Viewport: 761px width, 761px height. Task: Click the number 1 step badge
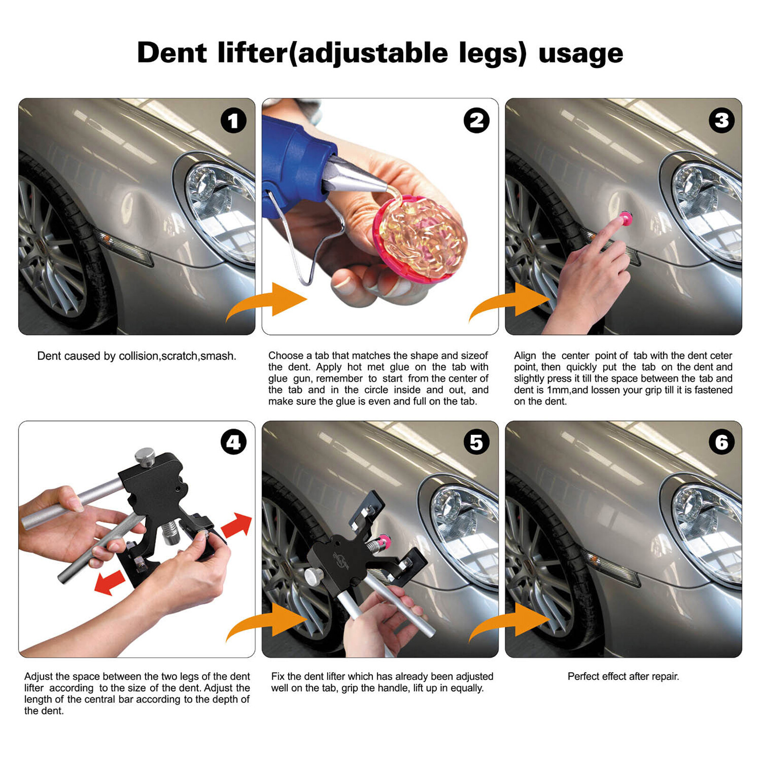233,121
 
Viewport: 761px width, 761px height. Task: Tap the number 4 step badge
233,442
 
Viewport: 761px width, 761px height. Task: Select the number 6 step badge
721,442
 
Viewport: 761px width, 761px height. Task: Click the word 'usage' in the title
580,53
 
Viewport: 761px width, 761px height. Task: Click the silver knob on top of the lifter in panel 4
145,457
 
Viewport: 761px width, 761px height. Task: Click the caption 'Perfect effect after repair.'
623,676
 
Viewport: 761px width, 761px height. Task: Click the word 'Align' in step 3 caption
525,356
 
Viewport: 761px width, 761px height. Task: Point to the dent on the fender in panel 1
143,209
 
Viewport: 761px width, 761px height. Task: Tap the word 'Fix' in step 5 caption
277,676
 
